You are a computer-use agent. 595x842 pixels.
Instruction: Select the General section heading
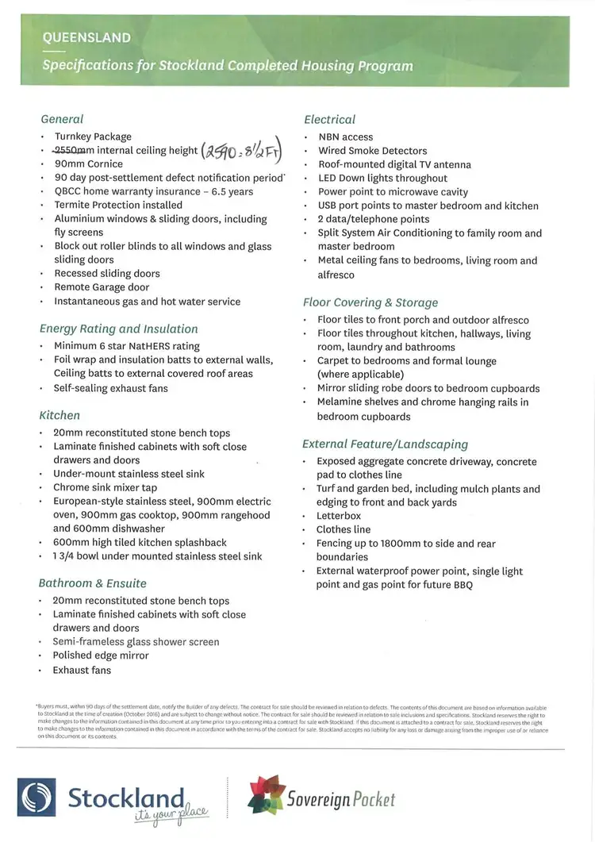62,119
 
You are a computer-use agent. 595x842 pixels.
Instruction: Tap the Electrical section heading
329,120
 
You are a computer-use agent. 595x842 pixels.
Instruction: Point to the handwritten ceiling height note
242,148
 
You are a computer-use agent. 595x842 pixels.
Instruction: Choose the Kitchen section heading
59,415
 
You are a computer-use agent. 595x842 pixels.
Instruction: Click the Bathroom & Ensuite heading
92,583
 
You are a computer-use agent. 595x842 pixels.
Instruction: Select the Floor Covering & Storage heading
370,302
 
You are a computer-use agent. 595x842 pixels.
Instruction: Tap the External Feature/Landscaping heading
385,444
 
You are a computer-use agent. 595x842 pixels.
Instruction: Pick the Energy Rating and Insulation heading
118,329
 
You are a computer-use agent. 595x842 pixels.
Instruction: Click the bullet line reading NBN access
345,136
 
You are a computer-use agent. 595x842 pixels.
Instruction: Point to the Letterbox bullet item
339,516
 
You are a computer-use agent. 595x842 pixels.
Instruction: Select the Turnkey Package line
92,136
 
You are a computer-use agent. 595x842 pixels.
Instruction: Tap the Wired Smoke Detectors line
372,151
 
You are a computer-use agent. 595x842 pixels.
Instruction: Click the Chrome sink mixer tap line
105,487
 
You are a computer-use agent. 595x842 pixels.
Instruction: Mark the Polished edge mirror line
100,656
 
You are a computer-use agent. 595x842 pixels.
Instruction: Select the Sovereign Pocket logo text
341,799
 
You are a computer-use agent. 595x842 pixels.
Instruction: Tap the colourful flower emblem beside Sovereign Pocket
267,795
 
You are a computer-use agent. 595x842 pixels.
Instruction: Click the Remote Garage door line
102,287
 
